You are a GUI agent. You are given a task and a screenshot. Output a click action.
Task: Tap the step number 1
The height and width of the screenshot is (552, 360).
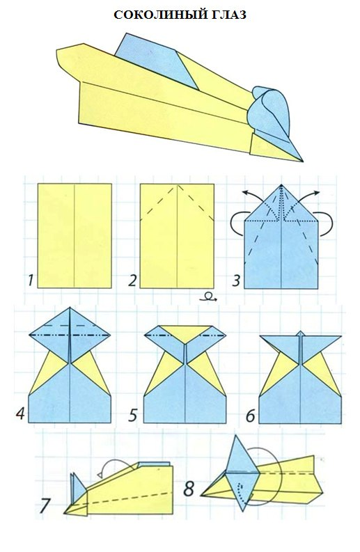(31, 281)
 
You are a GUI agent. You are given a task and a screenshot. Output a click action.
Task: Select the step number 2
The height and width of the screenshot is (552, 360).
(132, 281)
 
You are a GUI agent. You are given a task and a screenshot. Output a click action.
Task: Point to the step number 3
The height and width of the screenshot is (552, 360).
(235, 281)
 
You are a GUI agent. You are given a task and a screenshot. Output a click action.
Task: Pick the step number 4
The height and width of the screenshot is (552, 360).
(20, 413)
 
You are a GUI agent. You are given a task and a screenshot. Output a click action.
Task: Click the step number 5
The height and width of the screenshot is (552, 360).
(132, 415)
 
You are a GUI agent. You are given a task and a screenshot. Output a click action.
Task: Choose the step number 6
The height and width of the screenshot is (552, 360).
(250, 416)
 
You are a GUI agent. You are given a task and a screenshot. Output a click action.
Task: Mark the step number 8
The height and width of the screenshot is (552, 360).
(189, 489)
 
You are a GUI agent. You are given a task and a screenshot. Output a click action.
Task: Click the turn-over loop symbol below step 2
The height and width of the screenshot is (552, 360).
(208, 297)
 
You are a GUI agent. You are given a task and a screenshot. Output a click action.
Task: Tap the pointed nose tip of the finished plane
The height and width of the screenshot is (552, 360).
(302, 161)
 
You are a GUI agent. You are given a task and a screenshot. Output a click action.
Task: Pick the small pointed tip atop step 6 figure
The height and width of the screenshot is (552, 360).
(300, 333)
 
